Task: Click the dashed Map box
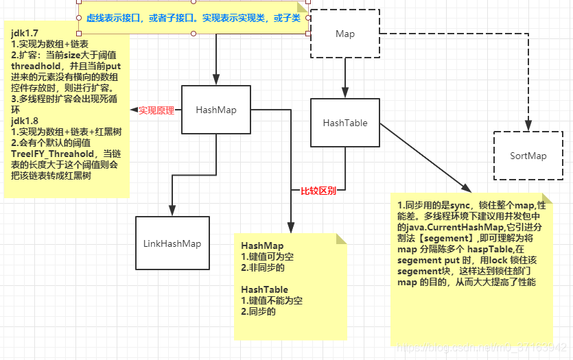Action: [x=344, y=34]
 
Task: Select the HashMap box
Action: [x=216, y=110]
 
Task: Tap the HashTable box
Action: [x=344, y=123]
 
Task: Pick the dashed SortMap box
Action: [x=528, y=156]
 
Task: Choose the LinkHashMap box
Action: [x=172, y=243]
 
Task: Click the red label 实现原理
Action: [x=156, y=110]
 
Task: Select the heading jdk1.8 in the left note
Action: [x=25, y=121]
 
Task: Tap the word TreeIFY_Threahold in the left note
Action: [x=52, y=154]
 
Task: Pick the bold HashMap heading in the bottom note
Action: [x=262, y=245]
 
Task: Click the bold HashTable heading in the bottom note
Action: [x=265, y=290]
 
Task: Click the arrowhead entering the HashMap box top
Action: [x=216, y=80]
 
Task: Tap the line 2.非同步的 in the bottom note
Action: [x=259, y=267]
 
